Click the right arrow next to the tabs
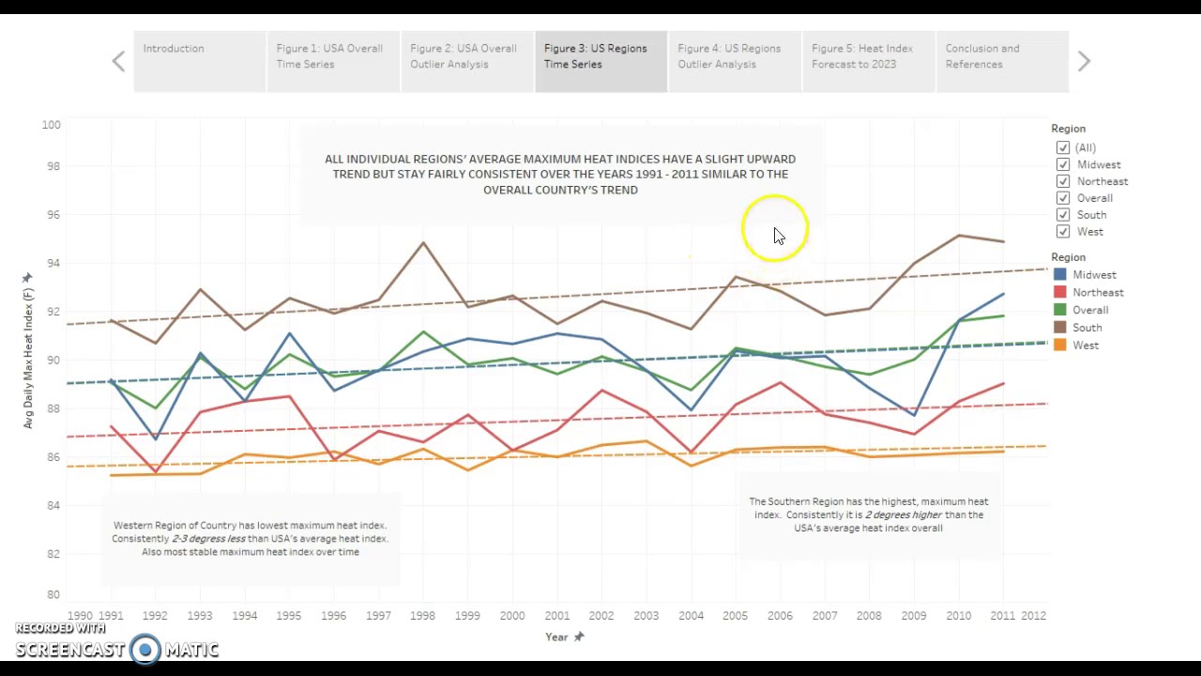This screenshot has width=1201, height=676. (1084, 61)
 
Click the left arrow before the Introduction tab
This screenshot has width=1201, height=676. (118, 61)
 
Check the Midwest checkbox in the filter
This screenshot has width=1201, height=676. (1063, 164)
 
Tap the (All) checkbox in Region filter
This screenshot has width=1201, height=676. (1063, 147)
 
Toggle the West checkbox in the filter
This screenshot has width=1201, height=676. (1063, 232)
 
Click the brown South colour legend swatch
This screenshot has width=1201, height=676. (1060, 328)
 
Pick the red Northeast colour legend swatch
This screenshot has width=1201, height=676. (1060, 292)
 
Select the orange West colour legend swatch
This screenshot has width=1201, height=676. (1060, 346)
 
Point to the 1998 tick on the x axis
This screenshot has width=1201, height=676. (422, 616)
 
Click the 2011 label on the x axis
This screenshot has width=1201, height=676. (1002, 616)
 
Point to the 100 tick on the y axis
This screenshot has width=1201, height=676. (51, 125)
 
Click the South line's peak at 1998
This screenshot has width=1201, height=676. (423, 243)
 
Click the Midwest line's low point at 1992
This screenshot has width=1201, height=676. (156, 438)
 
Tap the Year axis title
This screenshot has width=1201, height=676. (556, 637)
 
